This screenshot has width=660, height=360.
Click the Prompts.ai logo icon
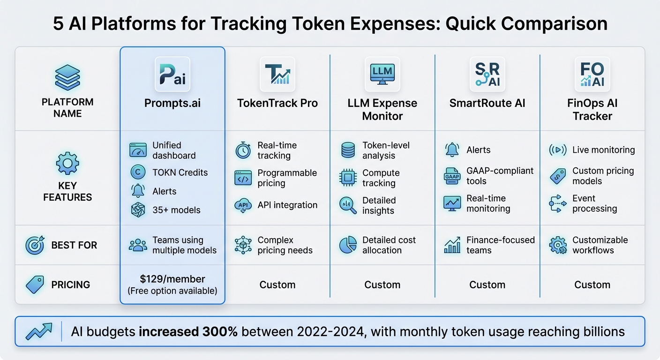point(172,74)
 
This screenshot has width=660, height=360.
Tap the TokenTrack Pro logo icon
point(277,74)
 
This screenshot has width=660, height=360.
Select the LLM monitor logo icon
point(382,74)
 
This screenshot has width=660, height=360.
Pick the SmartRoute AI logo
point(487,74)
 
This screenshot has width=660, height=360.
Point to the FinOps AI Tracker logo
point(592,74)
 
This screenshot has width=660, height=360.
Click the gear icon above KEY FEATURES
point(67,164)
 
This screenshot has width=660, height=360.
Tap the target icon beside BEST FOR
point(35,245)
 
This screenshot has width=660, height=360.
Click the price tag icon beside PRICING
point(35,285)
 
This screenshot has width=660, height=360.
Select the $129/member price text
point(172,279)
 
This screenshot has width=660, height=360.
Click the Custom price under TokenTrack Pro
point(277,285)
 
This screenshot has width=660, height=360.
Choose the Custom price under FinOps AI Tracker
point(592,285)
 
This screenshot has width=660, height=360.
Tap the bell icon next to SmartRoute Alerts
point(452,150)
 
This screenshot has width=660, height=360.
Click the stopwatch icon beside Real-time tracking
point(243,150)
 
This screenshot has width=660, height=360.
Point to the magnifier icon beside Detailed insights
point(348,205)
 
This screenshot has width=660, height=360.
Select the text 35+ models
point(176,210)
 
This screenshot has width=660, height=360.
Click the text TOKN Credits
point(180,172)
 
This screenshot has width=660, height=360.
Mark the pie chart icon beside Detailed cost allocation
point(348,245)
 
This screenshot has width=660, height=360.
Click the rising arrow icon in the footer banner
point(39,331)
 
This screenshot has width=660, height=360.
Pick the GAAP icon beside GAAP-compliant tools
point(452,176)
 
